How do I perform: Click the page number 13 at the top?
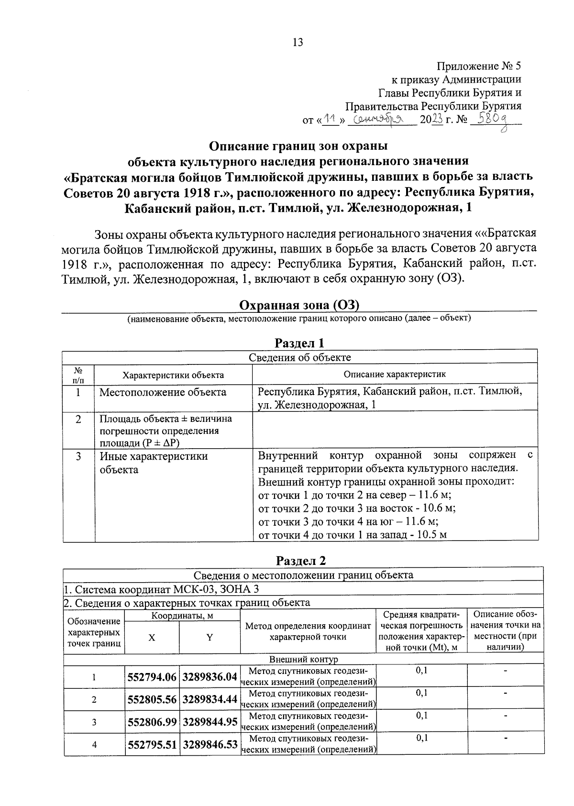click(x=297, y=43)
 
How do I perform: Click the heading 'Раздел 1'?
click(x=299, y=343)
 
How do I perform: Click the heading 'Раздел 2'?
click(x=301, y=561)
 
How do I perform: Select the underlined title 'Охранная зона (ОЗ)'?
click(x=299, y=305)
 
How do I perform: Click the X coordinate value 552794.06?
click(x=152, y=677)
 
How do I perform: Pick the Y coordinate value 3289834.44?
click(x=210, y=699)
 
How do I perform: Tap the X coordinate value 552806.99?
click(x=152, y=722)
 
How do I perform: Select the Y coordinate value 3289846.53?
click(x=210, y=745)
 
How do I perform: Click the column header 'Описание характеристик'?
click(x=394, y=375)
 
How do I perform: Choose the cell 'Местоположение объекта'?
click(x=163, y=392)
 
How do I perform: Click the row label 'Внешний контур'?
click(x=303, y=659)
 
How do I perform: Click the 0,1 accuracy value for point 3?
click(x=421, y=716)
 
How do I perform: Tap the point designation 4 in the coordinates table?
click(x=94, y=745)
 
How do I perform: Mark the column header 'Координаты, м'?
click(x=182, y=616)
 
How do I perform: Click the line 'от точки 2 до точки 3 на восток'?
click(x=356, y=508)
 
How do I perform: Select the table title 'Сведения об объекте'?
click(x=299, y=357)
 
